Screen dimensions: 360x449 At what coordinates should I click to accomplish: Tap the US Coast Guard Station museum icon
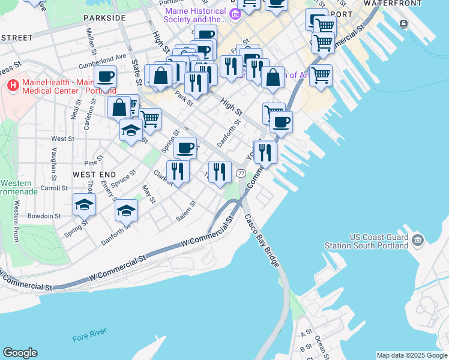[x=418, y=241]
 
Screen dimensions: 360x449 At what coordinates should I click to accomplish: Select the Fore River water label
[x=89, y=337]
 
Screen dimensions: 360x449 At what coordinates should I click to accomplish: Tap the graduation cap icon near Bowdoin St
[x=84, y=205]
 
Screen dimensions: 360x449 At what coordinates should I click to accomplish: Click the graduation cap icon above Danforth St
[x=126, y=211]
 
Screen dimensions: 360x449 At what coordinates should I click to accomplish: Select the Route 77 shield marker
[x=241, y=173]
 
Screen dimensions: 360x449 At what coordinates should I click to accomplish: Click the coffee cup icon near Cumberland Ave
[x=105, y=77]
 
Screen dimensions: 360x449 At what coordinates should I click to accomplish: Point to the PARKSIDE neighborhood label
[x=106, y=18]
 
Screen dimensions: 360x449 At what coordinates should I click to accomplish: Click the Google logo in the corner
[x=20, y=353]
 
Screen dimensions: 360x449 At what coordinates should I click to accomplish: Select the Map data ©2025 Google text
[x=412, y=355]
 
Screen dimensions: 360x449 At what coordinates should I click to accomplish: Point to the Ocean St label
[x=320, y=344]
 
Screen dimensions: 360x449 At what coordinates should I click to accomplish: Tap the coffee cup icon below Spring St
[x=185, y=147]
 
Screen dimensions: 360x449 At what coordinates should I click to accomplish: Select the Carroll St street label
[x=54, y=188]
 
